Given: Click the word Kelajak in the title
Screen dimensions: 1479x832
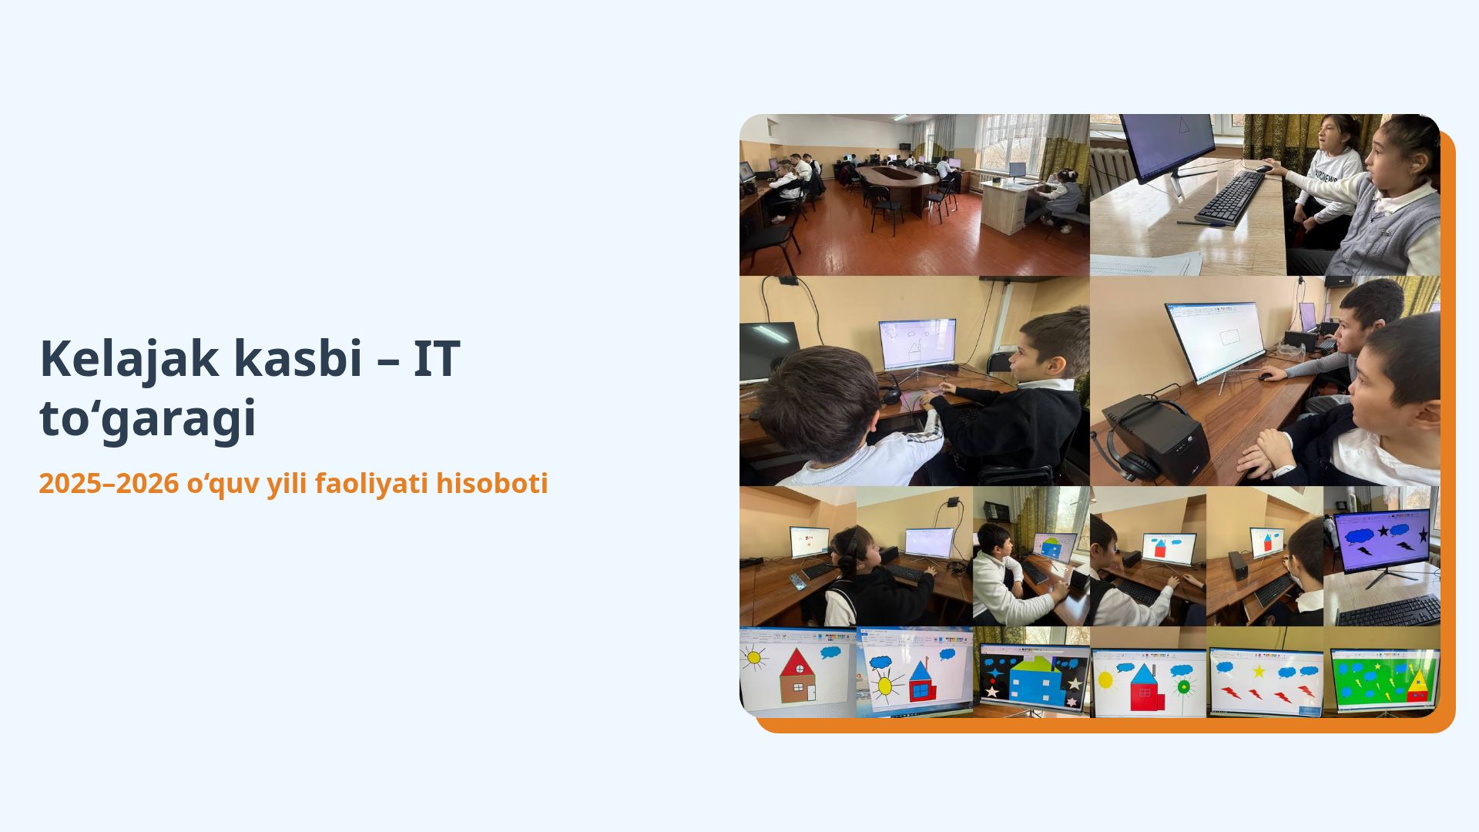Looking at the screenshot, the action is click(124, 359).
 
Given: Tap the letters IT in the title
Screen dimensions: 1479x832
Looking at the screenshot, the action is click(436, 358).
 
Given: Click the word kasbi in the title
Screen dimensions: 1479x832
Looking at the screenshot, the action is click(297, 358).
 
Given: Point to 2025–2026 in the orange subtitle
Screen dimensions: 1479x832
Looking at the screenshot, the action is click(109, 484).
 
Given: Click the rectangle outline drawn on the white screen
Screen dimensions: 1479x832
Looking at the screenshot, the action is click(1230, 337).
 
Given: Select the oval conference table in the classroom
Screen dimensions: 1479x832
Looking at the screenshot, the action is click(897, 179).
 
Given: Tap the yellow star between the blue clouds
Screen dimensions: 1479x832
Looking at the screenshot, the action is click(1259, 671).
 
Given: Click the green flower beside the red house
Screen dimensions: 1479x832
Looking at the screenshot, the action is click(1183, 686).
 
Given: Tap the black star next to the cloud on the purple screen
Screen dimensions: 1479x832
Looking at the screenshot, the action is click(1383, 531).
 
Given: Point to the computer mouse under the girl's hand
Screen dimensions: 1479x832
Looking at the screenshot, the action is click(1264, 168).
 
